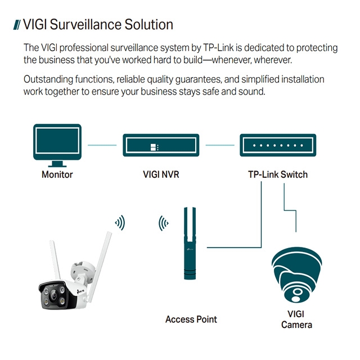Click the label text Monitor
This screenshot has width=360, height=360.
(57, 174)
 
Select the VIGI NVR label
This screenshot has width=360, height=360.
(161, 174)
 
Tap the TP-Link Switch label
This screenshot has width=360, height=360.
(278, 174)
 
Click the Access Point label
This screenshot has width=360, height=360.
(191, 319)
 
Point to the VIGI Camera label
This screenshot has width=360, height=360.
(296, 319)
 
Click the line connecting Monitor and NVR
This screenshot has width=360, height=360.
(102, 146)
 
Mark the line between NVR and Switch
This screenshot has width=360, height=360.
(219, 146)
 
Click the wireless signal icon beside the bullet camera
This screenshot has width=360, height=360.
(119, 223)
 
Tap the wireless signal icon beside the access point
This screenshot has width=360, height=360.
(163, 223)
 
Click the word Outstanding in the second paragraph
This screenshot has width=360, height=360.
(49, 80)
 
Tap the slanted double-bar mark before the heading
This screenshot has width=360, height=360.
(17, 25)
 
